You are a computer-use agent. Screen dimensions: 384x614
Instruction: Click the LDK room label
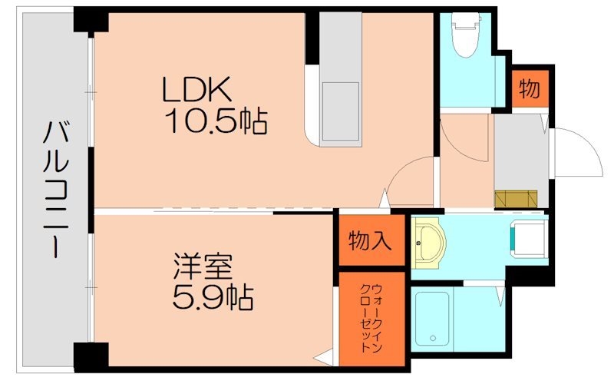196,91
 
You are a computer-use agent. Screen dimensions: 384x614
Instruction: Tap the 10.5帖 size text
214,121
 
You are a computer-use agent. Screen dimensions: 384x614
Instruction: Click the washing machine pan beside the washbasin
529,237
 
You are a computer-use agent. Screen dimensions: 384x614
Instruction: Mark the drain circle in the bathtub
432,338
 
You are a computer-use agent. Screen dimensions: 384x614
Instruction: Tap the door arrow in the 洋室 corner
325,357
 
